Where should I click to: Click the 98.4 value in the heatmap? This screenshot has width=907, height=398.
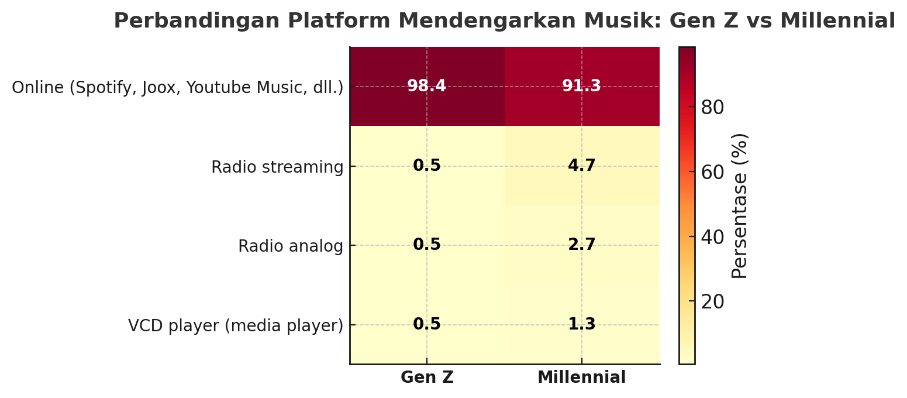pyautogui.click(x=426, y=86)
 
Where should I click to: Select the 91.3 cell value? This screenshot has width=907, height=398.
pyautogui.click(x=581, y=86)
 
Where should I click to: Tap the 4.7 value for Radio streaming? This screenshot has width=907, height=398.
pyautogui.click(x=581, y=166)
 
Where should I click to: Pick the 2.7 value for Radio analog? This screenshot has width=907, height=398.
pyautogui.click(x=581, y=245)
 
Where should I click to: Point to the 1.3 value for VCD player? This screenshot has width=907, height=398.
pyautogui.click(x=581, y=324)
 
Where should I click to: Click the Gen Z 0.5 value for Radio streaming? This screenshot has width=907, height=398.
pyautogui.click(x=426, y=166)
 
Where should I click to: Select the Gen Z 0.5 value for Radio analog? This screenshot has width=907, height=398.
pyautogui.click(x=426, y=245)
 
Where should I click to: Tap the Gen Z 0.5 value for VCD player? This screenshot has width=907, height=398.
pyautogui.click(x=426, y=324)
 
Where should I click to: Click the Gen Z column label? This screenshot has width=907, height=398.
pyautogui.click(x=427, y=378)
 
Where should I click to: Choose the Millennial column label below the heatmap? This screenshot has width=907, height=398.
pyautogui.click(x=581, y=378)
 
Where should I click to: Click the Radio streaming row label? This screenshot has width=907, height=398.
pyautogui.click(x=277, y=167)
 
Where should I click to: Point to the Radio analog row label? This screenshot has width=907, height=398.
pyautogui.click(x=291, y=246)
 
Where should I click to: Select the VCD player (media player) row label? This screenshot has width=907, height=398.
pyautogui.click(x=236, y=325)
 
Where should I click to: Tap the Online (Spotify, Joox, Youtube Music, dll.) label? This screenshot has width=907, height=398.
pyautogui.click(x=178, y=88)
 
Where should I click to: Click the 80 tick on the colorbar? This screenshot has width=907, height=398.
pyautogui.click(x=712, y=108)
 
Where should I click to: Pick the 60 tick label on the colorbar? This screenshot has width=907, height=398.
pyautogui.click(x=712, y=172)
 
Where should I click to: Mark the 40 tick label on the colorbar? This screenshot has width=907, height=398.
pyautogui.click(x=712, y=236)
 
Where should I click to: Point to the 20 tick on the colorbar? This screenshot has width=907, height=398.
pyautogui.click(x=712, y=301)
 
